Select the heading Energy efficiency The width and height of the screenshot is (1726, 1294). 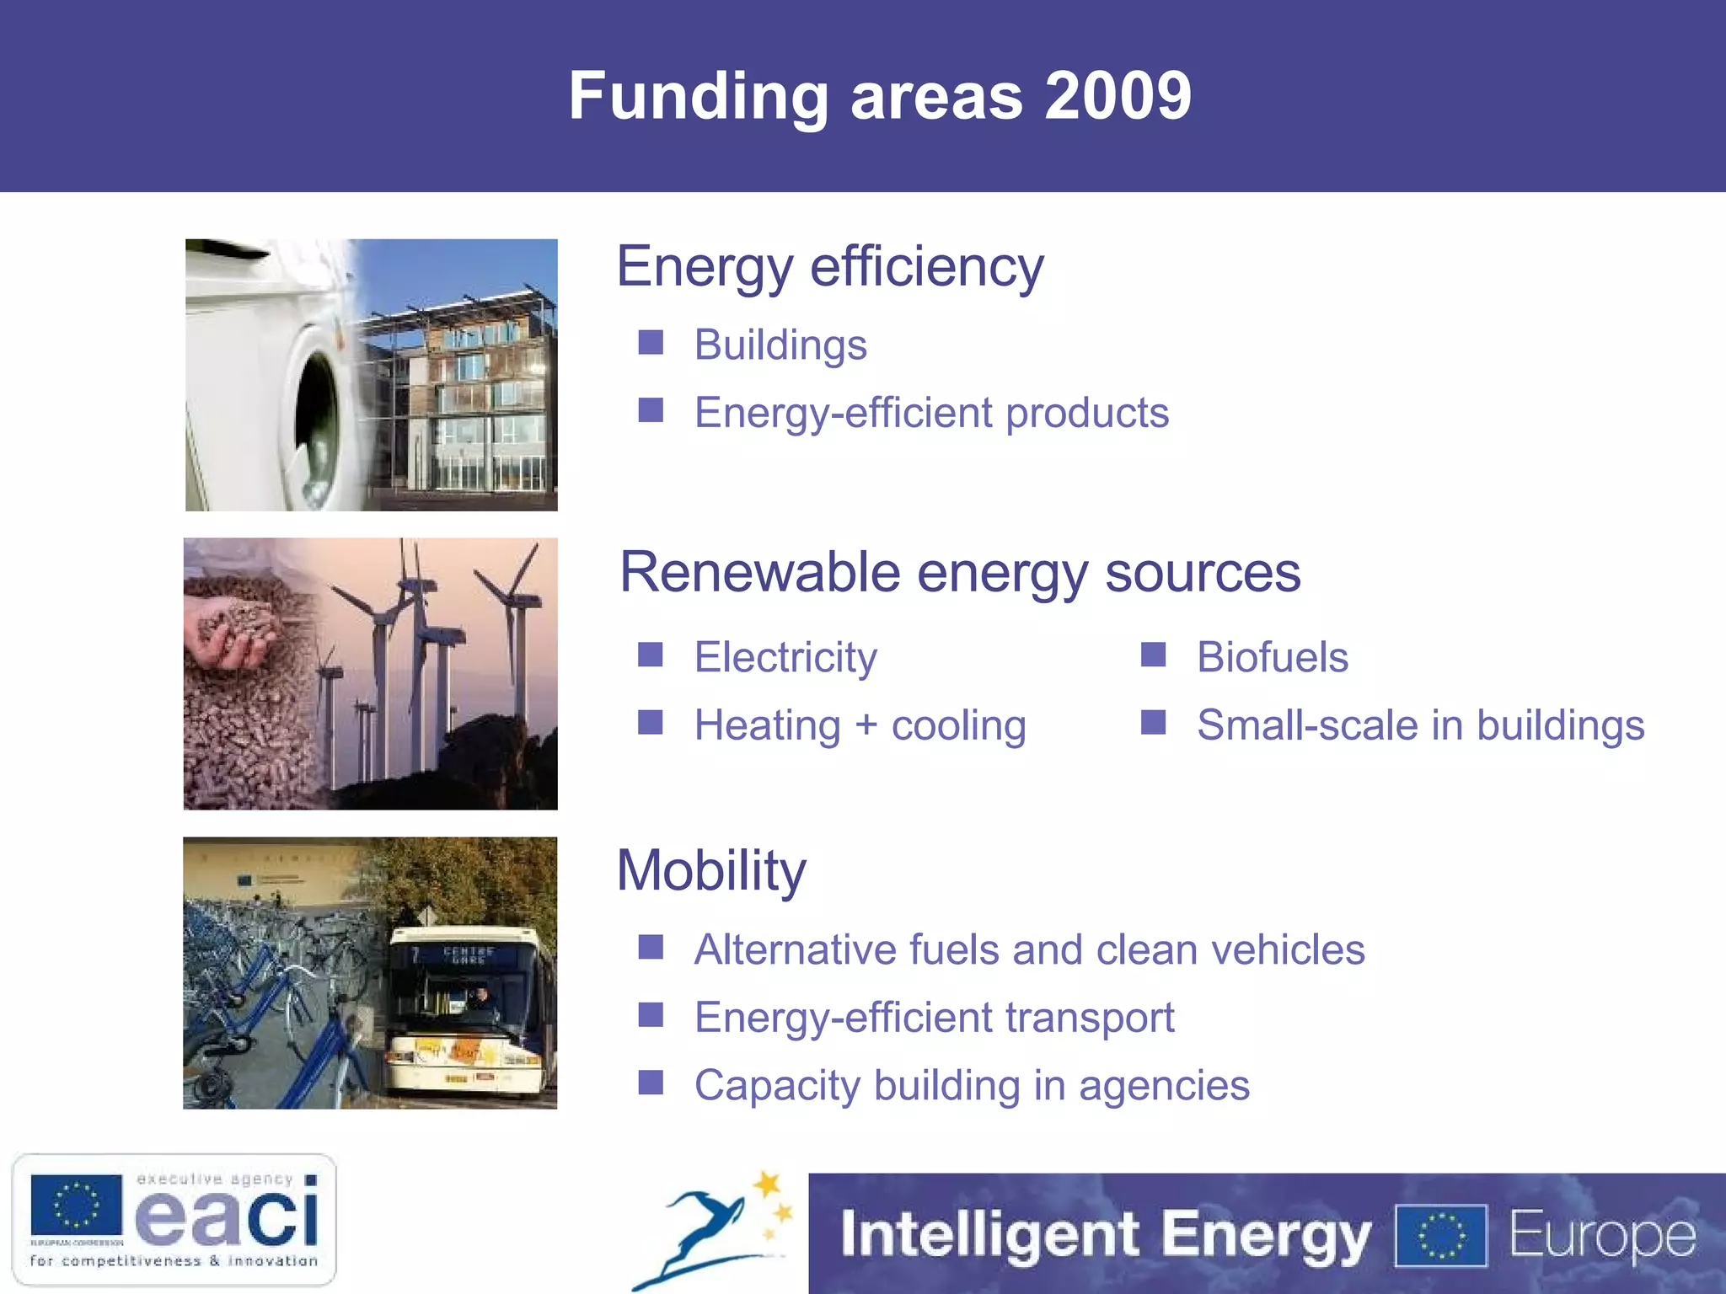tap(830, 267)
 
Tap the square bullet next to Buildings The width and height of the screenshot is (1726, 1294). tap(651, 343)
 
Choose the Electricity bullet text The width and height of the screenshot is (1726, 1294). tap(785, 657)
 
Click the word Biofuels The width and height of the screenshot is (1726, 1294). tap(1273, 657)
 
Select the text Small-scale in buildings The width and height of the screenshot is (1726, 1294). tap(1421, 725)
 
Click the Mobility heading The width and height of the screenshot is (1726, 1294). tap(711, 870)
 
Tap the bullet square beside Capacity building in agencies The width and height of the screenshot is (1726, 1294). tap(651, 1083)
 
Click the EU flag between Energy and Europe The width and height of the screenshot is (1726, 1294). tap(1441, 1236)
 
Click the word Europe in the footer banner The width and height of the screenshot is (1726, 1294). tap(1601, 1236)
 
